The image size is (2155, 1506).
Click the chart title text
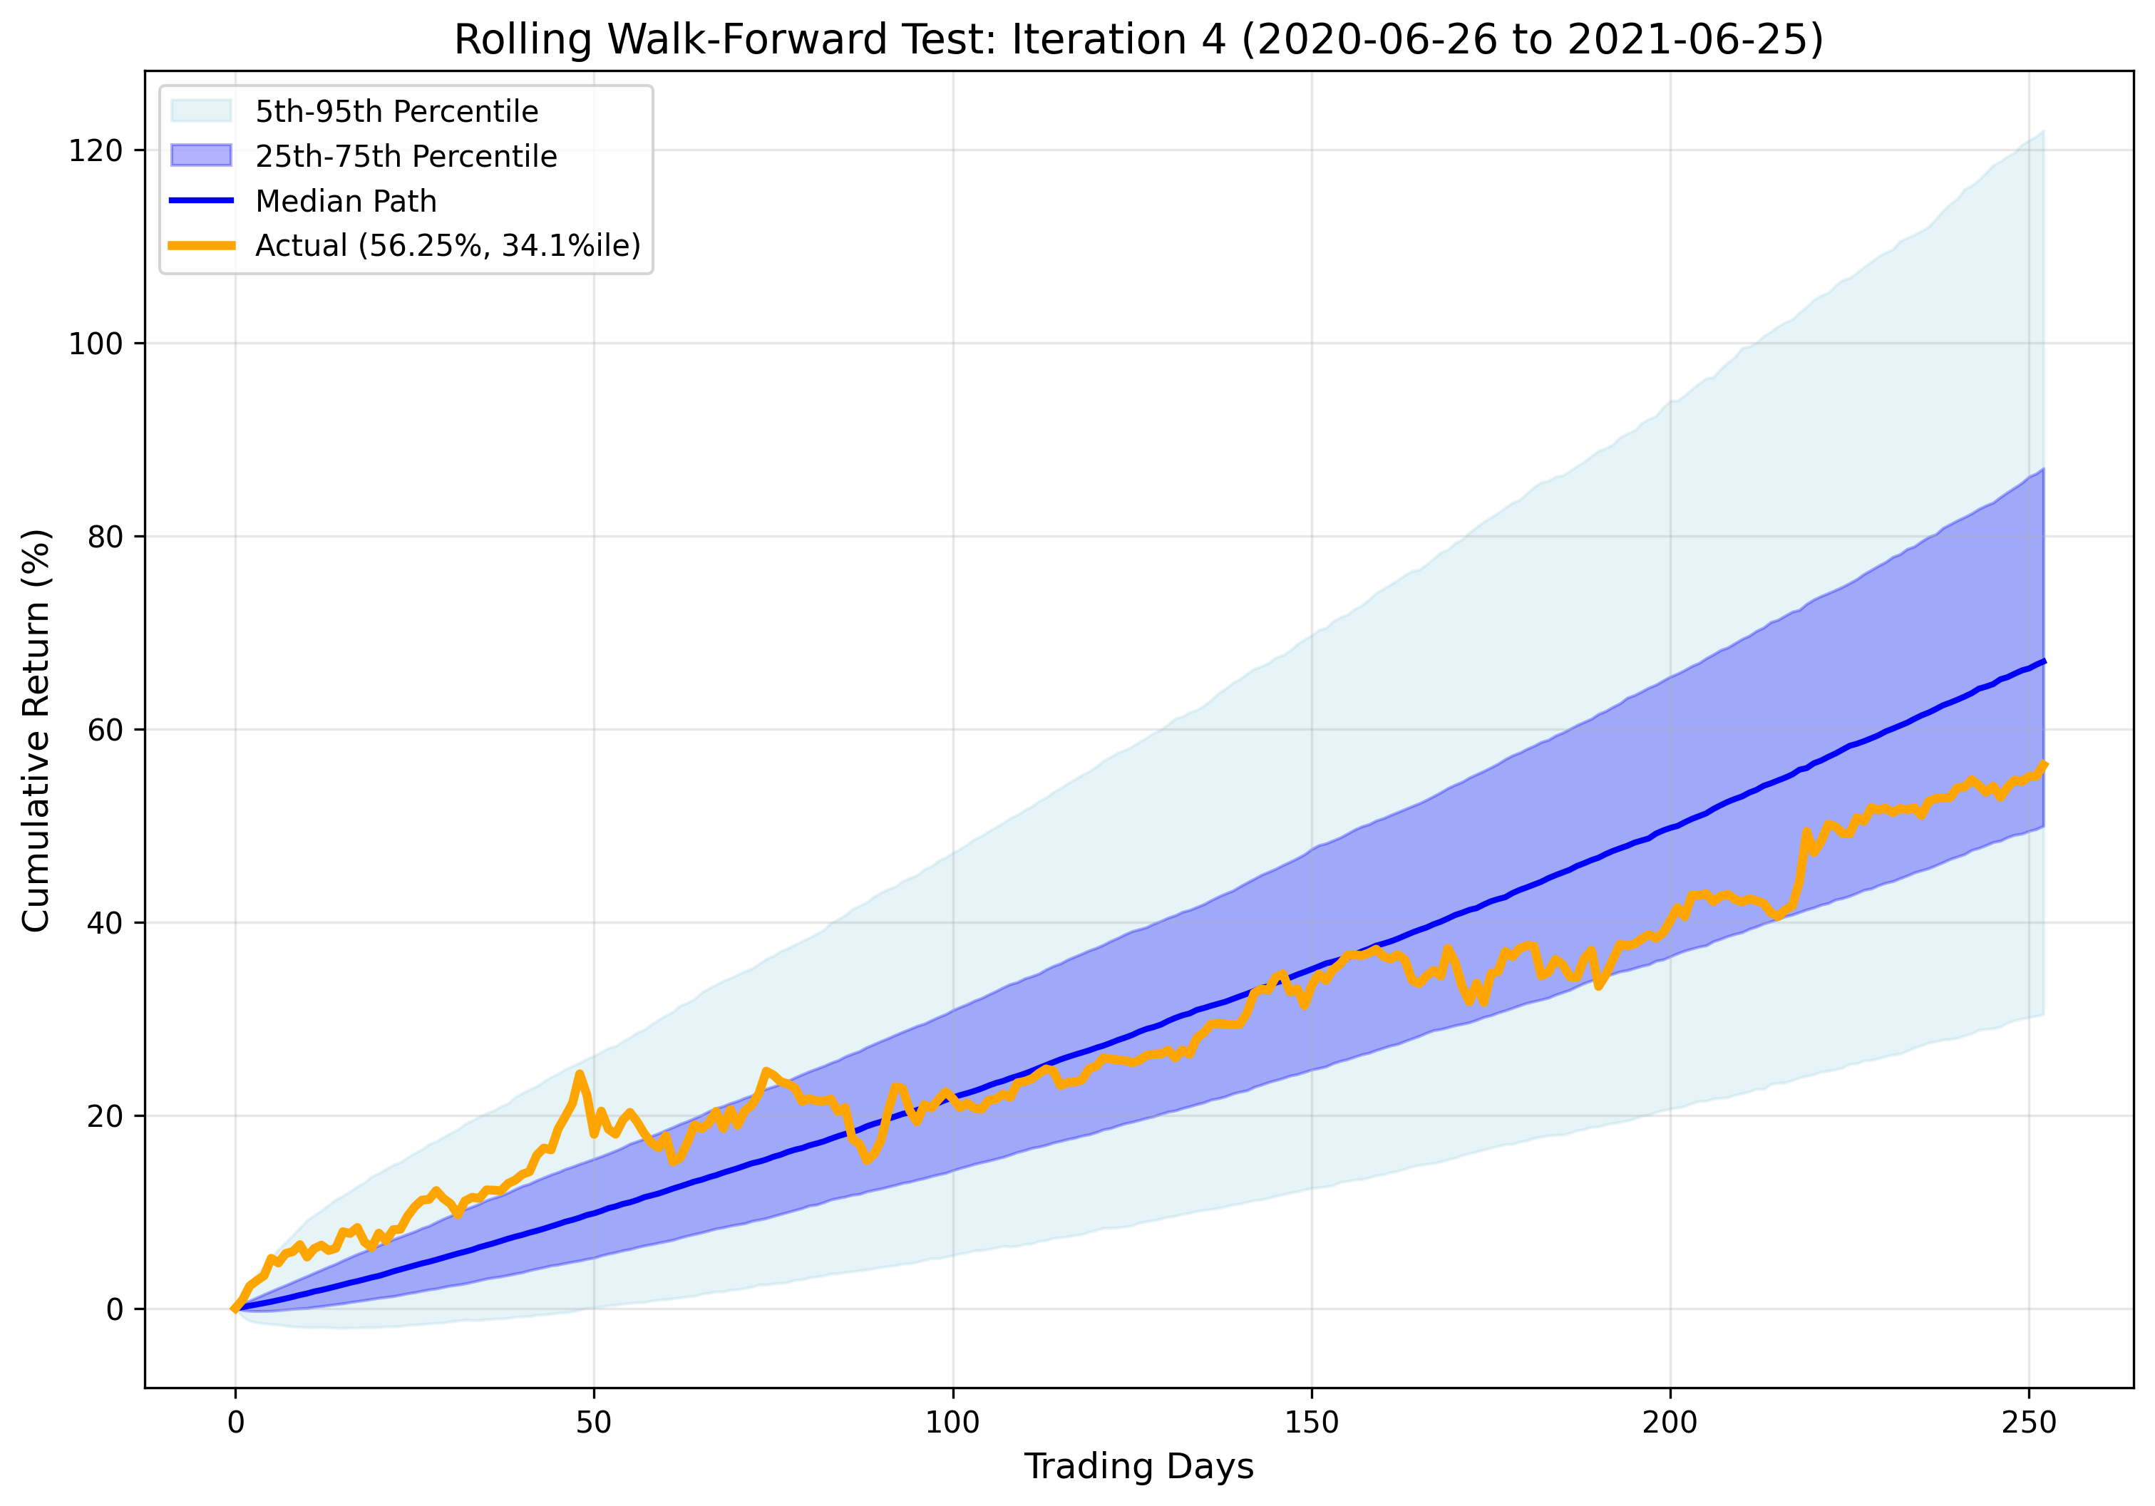(x=1138, y=41)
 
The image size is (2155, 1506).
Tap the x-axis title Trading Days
(x=1138, y=1465)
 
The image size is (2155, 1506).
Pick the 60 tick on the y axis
(x=105, y=730)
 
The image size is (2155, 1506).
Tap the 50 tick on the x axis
(x=593, y=1423)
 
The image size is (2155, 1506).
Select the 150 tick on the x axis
(x=1311, y=1423)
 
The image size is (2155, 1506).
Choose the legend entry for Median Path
(x=346, y=201)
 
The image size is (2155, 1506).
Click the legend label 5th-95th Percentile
(x=396, y=112)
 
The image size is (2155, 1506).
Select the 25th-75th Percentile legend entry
(x=406, y=156)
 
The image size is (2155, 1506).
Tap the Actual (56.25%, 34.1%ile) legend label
(x=448, y=245)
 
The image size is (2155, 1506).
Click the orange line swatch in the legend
(x=201, y=245)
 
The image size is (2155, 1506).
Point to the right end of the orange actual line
(x=2043, y=765)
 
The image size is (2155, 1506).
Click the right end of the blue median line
(x=2043, y=661)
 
